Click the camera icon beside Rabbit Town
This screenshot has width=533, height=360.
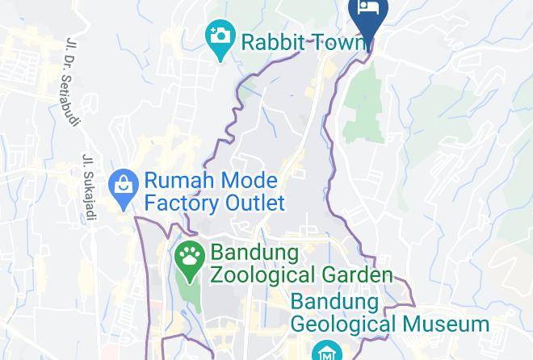220,37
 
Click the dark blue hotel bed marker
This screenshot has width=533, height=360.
368,11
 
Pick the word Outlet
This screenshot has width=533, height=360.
258,203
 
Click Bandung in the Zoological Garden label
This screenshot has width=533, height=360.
254,253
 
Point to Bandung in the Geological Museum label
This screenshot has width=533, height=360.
334,303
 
